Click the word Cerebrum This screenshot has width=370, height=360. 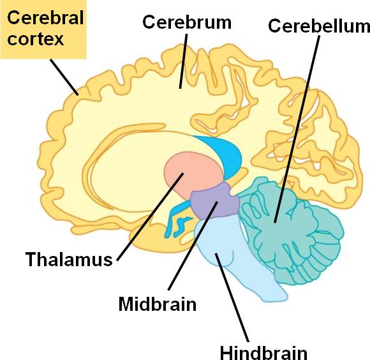pos(187,22)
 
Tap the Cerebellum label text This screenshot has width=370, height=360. pos(319,26)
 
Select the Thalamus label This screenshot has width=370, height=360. pos(69,259)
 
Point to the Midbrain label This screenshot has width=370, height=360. pos(158,304)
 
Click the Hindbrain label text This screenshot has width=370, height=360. pos(263,353)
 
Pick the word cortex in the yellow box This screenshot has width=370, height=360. pos(35,39)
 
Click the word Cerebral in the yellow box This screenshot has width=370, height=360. pos(45,17)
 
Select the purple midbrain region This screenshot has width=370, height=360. pos(215,200)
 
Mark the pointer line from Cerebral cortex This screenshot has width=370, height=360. pos(64,77)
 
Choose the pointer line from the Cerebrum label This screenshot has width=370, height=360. pos(183,61)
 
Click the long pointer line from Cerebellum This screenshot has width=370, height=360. pos(297,129)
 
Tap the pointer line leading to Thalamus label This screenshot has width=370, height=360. pos(150,217)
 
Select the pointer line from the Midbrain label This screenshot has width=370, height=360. pos(193,246)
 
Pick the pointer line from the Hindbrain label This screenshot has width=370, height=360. pos(232,297)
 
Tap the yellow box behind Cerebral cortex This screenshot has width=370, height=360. pos(43,29)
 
